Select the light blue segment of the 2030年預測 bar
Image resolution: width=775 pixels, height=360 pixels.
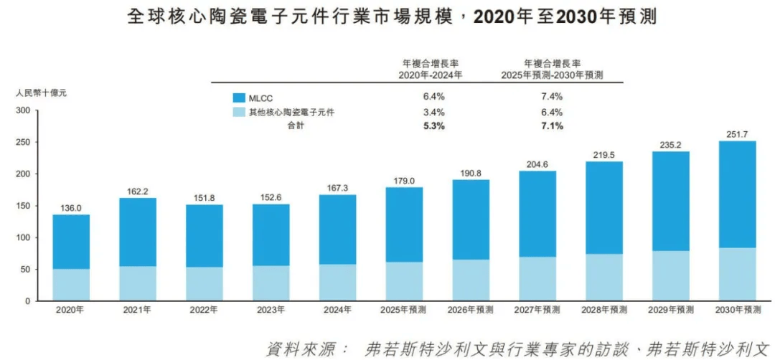(737, 274)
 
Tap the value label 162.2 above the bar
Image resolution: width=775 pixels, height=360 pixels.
(138, 191)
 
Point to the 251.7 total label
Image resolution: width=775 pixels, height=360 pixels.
(737, 134)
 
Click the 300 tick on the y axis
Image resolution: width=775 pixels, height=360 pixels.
(23, 110)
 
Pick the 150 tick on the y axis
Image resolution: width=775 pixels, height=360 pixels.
(23, 206)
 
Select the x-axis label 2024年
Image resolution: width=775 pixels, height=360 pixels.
(337, 310)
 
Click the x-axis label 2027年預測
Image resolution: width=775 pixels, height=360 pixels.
(537, 310)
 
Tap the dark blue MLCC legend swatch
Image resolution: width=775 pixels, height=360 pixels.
(239, 97)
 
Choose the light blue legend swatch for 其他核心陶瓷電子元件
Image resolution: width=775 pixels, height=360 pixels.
(239, 113)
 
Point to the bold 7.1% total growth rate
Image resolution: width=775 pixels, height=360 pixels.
(553, 126)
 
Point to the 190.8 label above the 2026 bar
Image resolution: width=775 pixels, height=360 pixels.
(471, 173)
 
